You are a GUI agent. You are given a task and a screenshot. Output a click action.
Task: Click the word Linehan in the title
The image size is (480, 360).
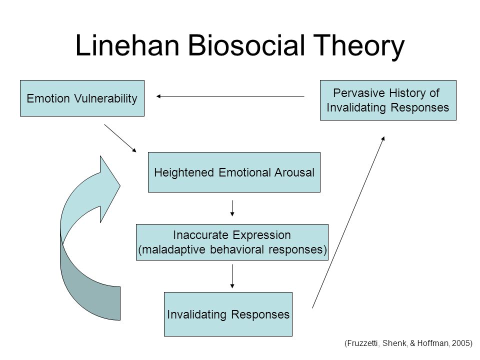127,45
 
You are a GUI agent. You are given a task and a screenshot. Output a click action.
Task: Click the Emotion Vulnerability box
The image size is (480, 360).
82,98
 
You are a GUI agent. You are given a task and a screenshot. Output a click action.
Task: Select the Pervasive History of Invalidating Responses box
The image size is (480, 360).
388,100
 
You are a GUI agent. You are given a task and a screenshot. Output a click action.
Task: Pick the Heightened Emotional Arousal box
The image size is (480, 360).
234,172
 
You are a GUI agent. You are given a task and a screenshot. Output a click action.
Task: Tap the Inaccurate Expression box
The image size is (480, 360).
232,242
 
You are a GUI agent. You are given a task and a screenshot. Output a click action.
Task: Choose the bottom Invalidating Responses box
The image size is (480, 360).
228,314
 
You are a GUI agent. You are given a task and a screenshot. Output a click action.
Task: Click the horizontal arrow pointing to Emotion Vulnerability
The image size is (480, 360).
230,96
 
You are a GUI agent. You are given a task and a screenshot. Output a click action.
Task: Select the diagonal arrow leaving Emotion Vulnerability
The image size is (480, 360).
120,138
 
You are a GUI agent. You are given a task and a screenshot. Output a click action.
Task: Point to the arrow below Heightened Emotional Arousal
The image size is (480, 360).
232,208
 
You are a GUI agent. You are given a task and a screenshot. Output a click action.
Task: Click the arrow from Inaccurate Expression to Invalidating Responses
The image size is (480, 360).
232,276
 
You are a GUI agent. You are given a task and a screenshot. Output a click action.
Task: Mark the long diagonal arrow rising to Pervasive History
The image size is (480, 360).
348,222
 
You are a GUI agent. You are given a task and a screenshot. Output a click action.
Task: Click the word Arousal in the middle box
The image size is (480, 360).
294,172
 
